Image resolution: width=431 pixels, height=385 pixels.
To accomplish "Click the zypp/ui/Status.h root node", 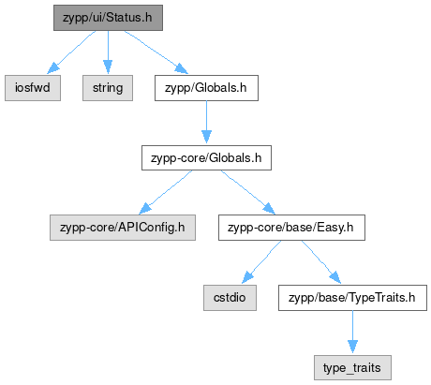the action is click(108, 18).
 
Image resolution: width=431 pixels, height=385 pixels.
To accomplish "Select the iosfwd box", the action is click(33, 88).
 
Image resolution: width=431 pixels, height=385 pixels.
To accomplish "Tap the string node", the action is click(108, 88).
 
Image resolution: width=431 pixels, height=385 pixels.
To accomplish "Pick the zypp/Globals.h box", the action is click(206, 88).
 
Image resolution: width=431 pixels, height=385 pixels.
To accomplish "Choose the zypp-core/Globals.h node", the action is click(206, 157).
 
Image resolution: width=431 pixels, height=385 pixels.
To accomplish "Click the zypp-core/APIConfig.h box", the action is click(123, 228).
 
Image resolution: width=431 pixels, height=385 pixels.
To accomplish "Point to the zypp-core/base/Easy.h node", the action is click(291, 228).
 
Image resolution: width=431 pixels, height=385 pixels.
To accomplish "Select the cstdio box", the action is click(230, 298).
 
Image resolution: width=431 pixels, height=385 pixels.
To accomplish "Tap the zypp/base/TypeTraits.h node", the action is click(352, 298).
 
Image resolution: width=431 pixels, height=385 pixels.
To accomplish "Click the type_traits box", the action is click(352, 367).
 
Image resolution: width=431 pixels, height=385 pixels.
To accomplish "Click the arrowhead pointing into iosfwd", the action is click(53, 68).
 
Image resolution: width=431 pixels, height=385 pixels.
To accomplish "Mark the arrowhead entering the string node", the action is click(108, 67).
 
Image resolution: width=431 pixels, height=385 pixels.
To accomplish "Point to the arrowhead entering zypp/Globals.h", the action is click(182, 68).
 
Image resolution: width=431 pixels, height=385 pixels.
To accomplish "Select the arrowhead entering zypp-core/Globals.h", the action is click(206, 138).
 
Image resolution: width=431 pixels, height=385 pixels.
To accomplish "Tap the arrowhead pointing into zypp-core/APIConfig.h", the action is click(145, 209).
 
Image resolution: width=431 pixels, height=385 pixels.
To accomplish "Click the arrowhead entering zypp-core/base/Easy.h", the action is click(269, 209).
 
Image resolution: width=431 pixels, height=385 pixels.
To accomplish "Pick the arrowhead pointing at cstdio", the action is click(248, 278).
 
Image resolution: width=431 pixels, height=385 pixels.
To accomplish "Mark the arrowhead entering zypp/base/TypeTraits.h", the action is click(334, 278).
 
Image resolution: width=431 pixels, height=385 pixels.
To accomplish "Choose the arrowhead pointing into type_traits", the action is click(352, 348).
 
